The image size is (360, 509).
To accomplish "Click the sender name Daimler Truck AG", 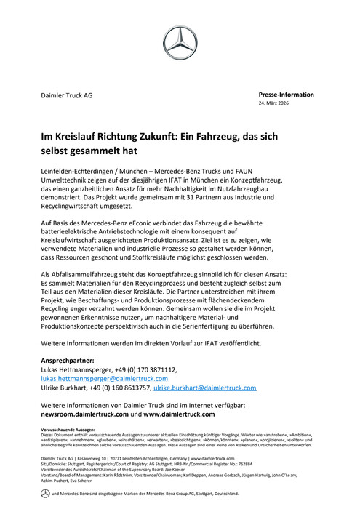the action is coord(66,95).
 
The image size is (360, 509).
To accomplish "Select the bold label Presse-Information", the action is coord(287,95).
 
